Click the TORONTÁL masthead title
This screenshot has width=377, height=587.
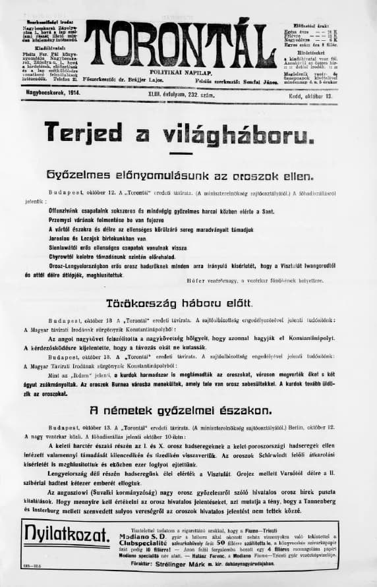pos(179,44)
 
